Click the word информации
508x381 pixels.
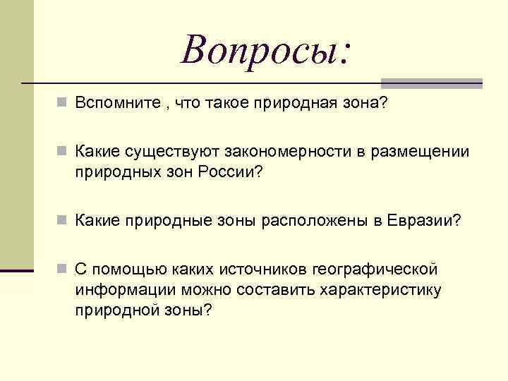pos(126,289)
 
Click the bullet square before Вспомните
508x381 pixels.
pos(64,104)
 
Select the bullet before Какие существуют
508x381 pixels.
pos(64,153)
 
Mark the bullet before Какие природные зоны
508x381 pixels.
pos(64,222)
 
